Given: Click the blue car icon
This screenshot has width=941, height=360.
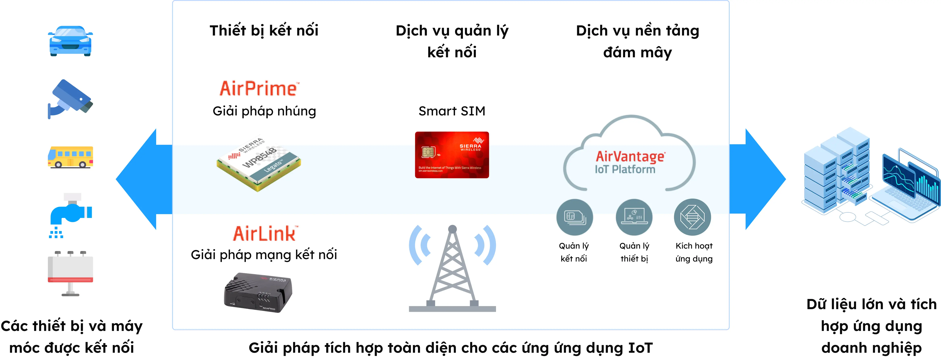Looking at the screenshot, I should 70,41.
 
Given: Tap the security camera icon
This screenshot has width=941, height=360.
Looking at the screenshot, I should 70,99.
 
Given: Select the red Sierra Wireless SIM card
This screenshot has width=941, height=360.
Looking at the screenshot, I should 452,155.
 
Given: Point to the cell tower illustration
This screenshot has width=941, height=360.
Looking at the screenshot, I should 452,269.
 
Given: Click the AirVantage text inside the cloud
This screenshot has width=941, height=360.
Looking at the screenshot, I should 630,156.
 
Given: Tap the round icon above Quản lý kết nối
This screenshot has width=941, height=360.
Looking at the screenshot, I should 574,217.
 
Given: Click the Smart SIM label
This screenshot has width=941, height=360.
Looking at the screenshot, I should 452,111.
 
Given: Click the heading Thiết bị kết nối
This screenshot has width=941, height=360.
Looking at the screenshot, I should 264,30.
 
